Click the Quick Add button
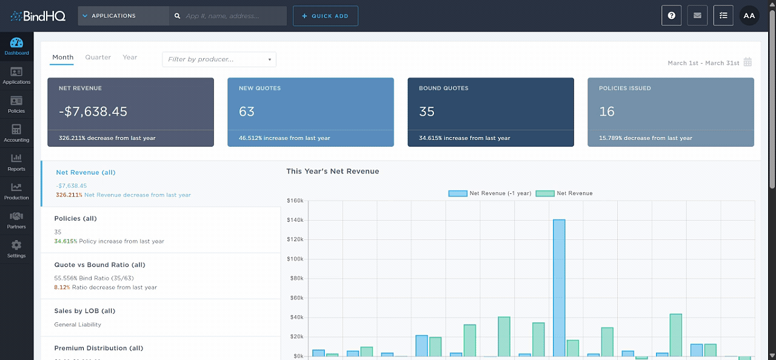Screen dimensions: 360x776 click(325, 16)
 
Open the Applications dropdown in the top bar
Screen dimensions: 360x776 click(123, 16)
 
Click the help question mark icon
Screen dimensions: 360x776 click(671, 16)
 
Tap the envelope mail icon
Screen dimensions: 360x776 click(697, 16)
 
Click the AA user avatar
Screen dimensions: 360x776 click(749, 16)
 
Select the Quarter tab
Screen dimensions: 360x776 click(98, 58)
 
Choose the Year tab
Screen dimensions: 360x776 click(130, 58)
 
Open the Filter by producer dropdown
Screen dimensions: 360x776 click(219, 59)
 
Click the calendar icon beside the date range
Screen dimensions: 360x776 click(748, 62)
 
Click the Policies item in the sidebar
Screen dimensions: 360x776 click(16, 104)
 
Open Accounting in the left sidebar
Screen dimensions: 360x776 click(16, 133)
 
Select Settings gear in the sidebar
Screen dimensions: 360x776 click(16, 248)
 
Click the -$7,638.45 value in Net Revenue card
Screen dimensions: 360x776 click(93, 112)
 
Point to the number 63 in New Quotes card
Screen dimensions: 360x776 click(247, 112)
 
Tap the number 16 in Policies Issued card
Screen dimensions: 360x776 click(606, 112)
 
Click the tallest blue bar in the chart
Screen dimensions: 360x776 click(558, 288)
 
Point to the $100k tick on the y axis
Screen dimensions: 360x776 click(295, 259)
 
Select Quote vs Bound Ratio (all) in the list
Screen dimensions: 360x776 click(99, 265)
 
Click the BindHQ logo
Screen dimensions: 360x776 click(38, 16)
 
